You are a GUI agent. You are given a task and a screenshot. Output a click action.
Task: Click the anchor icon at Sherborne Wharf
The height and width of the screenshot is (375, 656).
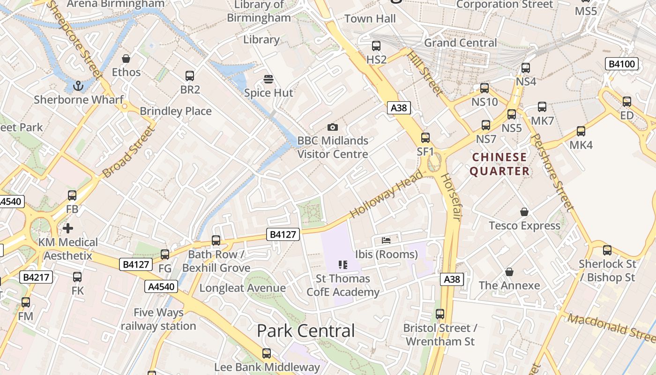pyautogui.click(x=78, y=86)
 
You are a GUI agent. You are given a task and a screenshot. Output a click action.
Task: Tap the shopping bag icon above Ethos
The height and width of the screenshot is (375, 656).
pyautogui.click(x=126, y=59)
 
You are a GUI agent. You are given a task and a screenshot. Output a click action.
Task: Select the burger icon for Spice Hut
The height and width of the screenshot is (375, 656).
pyautogui.click(x=268, y=79)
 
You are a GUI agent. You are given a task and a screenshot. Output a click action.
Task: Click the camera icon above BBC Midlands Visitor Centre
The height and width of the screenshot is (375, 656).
pyautogui.click(x=333, y=127)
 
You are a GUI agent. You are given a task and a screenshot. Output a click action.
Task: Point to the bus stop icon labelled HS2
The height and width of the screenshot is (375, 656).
pyautogui.click(x=376, y=46)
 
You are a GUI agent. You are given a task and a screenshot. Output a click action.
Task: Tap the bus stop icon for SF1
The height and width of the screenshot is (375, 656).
pyautogui.click(x=425, y=138)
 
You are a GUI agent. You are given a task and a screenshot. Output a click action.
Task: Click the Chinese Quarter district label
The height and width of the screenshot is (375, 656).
pyautogui.click(x=499, y=164)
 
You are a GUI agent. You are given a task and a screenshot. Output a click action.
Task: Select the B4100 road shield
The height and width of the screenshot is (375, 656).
pyautogui.click(x=622, y=64)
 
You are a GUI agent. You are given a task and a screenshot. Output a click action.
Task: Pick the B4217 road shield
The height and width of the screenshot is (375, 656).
pyautogui.click(x=36, y=277)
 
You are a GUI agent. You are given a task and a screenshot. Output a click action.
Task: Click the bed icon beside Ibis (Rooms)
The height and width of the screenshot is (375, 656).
pyautogui.click(x=386, y=240)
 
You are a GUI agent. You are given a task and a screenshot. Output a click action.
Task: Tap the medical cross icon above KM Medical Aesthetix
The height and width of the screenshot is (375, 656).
pyautogui.click(x=68, y=228)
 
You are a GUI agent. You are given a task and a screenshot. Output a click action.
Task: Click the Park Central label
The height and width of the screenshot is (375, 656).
pyautogui.click(x=306, y=331)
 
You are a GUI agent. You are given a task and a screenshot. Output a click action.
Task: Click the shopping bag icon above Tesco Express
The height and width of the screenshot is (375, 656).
pyautogui.click(x=524, y=212)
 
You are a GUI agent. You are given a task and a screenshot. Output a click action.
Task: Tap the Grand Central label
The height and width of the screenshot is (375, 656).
pyautogui.click(x=460, y=43)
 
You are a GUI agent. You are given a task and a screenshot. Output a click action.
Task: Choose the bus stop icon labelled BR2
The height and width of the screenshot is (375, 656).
pyautogui.click(x=190, y=76)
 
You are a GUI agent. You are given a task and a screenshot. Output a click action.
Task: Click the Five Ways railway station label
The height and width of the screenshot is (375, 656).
pyautogui.click(x=158, y=319)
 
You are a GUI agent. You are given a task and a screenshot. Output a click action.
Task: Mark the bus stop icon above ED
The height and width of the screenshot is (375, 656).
pyautogui.click(x=627, y=102)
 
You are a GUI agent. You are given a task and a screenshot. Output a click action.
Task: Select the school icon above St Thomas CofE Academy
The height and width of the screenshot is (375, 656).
pyautogui.click(x=343, y=265)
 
